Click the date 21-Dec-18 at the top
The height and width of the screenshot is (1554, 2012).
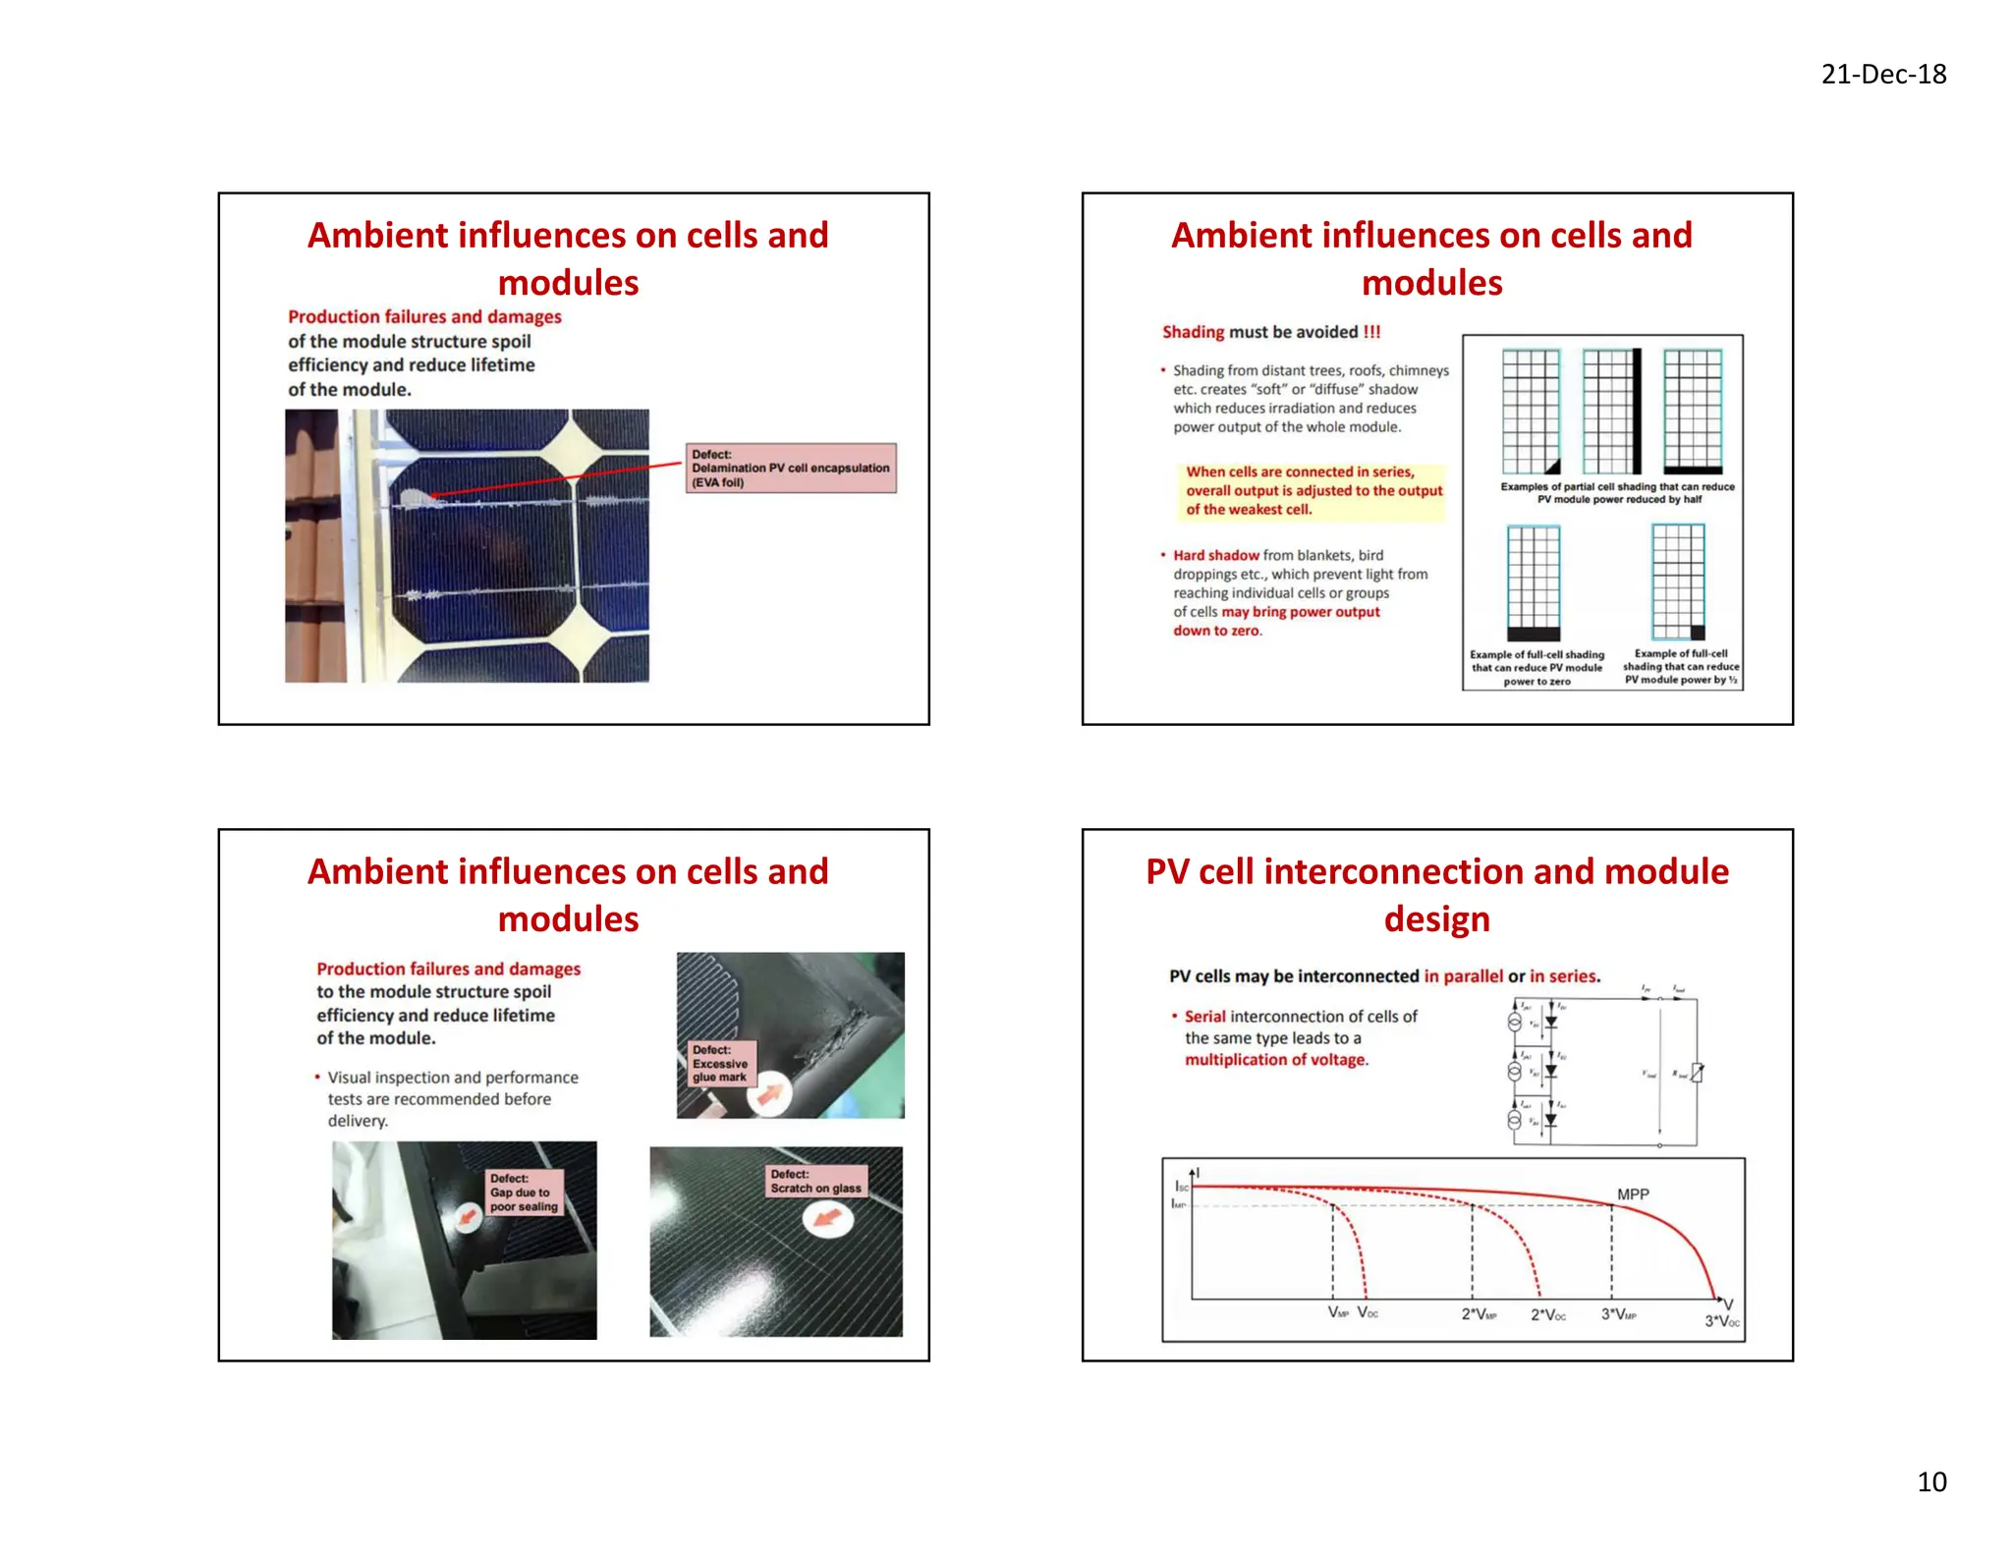point(1882,75)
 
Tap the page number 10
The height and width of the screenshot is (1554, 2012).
point(1930,1481)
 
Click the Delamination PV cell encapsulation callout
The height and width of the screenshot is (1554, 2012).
point(790,469)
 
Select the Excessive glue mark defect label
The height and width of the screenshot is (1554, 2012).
point(721,1064)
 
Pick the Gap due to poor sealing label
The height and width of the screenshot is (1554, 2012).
point(525,1193)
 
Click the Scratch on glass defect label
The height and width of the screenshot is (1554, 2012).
point(815,1182)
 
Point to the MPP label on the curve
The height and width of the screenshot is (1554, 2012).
point(1633,1194)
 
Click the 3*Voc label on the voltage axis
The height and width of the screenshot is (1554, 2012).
point(1721,1321)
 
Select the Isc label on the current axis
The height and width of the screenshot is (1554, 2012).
point(1182,1187)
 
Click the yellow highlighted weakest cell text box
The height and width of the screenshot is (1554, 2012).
point(1313,491)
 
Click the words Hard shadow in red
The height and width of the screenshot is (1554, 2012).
point(1215,555)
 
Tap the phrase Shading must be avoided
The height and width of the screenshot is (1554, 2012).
point(1271,332)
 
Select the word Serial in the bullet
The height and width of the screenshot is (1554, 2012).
point(1204,1017)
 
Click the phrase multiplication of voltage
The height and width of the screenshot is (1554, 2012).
point(1275,1060)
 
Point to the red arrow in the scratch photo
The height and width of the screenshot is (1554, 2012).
point(828,1219)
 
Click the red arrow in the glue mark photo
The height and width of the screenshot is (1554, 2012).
point(771,1095)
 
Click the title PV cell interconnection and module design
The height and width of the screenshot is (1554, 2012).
point(1436,895)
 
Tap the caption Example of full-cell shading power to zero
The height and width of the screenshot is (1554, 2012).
point(1537,668)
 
